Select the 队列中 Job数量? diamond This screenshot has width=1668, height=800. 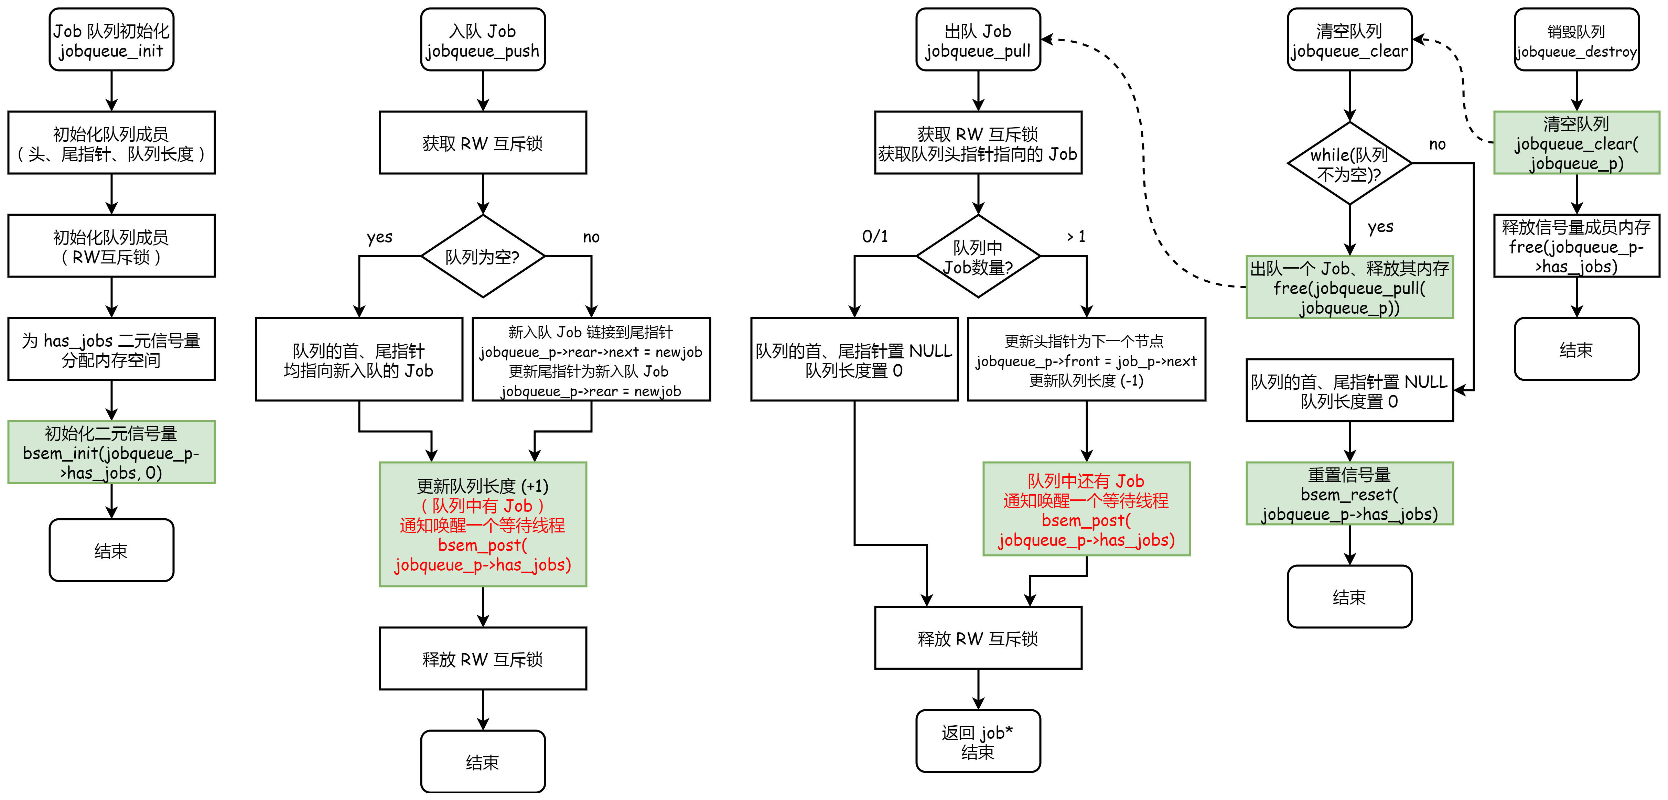pos(978,256)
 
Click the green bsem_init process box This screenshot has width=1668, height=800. pos(111,452)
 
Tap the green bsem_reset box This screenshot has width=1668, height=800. pos(1349,494)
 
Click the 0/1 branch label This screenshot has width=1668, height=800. pos(875,236)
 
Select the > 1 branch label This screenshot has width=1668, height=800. pos(1076,236)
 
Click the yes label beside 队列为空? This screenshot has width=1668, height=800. pos(379,237)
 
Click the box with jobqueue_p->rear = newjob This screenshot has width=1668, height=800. pos(591,359)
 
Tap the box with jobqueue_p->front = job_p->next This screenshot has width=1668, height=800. pos(1087,359)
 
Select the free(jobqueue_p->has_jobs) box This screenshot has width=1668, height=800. pos(1577,246)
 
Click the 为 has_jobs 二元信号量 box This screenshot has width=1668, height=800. pos(111,349)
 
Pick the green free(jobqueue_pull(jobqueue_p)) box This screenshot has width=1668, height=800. pos(1349,288)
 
